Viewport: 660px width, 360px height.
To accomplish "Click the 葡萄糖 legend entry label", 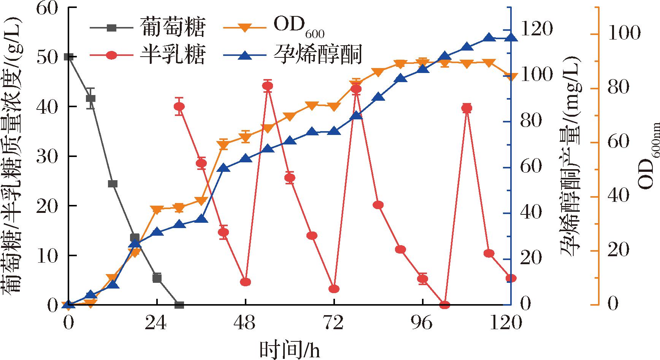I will (173, 27).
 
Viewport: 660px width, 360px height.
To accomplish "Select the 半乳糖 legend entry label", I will (173, 55).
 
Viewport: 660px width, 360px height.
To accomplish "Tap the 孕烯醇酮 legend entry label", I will (317, 55).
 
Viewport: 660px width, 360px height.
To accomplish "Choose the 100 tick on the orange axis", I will (623, 35).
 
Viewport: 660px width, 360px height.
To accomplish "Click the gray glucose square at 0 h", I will (68, 57).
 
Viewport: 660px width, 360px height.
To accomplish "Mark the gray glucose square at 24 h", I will (157, 278).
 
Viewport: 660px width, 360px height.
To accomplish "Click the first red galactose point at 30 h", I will (179, 106).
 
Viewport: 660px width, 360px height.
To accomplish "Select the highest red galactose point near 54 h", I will (268, 86).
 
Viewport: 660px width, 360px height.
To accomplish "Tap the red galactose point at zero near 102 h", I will (444, 305).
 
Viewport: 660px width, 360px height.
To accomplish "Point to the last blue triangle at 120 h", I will (511, 37).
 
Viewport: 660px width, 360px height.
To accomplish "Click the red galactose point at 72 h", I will (334, 289).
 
